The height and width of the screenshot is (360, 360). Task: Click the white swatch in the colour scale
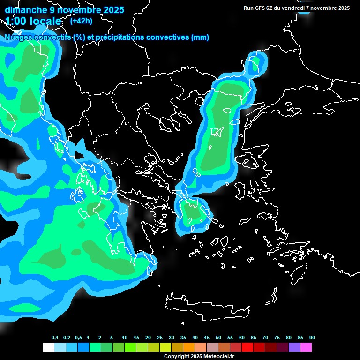click(48, 347)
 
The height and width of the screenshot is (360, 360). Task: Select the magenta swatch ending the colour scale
click(306, 347)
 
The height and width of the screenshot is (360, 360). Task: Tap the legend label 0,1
click(55, 338)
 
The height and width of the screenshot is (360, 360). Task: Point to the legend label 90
click(312, 338)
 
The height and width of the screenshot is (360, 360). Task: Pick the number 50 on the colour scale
click(218, 338)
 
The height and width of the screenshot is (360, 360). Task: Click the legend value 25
click(160, 338)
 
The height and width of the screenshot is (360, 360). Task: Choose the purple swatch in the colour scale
click(294, 347)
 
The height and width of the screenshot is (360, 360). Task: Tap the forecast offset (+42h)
click(81, 21)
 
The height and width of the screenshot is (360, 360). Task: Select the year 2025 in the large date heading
click(111, 10)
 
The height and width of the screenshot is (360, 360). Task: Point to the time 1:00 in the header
click(15, 21)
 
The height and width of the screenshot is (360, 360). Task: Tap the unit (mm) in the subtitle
click(200, 37)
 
